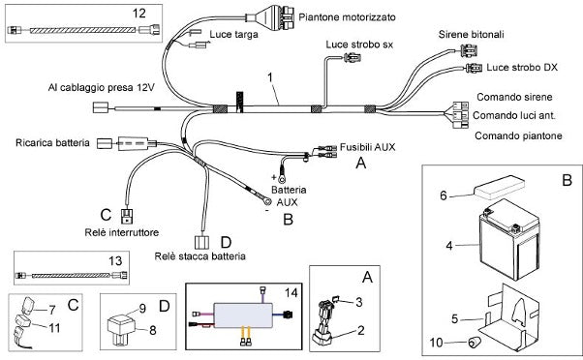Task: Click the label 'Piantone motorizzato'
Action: click(x=347, y=17)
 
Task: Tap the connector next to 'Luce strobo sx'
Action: click(x=353, y=58)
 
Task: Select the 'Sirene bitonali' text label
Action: click(x=471, y=35)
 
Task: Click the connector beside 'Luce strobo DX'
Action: click(x=472, y=69)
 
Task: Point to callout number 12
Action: click(x=139, y=14)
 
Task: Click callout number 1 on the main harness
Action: click(x=270, y=77)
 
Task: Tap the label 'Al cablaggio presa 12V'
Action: click(x=101, y=88)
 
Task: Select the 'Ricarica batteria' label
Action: click(x=52, y=143)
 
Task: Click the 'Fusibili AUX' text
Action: click(x=367, y=147)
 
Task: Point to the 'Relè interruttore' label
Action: click(x=122, y=232)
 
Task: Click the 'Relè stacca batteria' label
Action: click(x=200, y=256)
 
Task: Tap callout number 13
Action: click(x=115, y=260)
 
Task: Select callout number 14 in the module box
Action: click(x=291, y=293)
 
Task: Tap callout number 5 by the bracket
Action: click(x=454, y=318)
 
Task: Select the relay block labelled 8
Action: click(x=120, y=327)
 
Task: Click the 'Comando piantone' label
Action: click(x=518, y=136)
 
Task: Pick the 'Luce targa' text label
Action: click(x=233, y=35)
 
